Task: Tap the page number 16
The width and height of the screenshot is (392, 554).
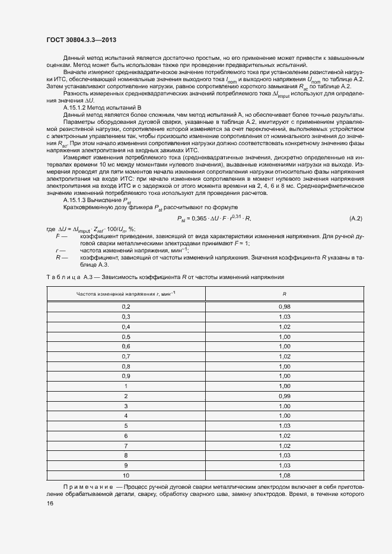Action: tap(50, 504)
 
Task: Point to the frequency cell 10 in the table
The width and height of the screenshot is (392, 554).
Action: tap(126, 475)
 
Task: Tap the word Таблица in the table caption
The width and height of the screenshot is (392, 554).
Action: tap(61, 277)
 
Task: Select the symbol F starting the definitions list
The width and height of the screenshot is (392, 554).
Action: tap(57, 236)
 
